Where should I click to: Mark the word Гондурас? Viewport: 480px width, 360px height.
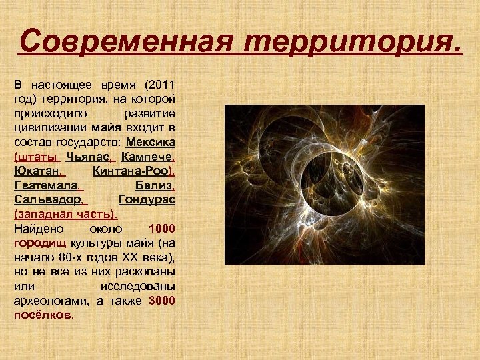click(146, 201)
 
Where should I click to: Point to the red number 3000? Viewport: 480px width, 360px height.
click(162, 301)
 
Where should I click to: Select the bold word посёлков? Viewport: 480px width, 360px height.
click(42, 315)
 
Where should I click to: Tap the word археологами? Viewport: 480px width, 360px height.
click(48, 301)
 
